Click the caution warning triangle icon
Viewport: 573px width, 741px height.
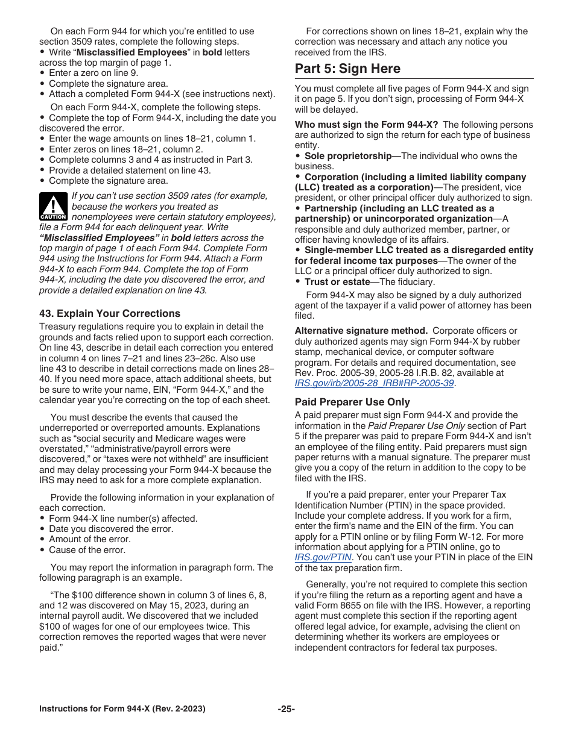[53, 205]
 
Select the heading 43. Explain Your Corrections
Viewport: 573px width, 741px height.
[109, 313]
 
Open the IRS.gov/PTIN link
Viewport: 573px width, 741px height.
[323, 557]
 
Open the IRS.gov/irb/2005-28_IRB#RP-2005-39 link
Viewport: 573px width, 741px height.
[374, 383]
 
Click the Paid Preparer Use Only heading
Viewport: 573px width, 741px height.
[352, 402]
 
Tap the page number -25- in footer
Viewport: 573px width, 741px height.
[286, 709]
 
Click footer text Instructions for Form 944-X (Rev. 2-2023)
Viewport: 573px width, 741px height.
[122, 709]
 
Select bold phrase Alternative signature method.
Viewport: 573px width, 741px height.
[361, 331]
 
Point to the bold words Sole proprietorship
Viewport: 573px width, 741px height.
[347, 156]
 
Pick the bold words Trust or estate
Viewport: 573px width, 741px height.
[337, 282]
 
